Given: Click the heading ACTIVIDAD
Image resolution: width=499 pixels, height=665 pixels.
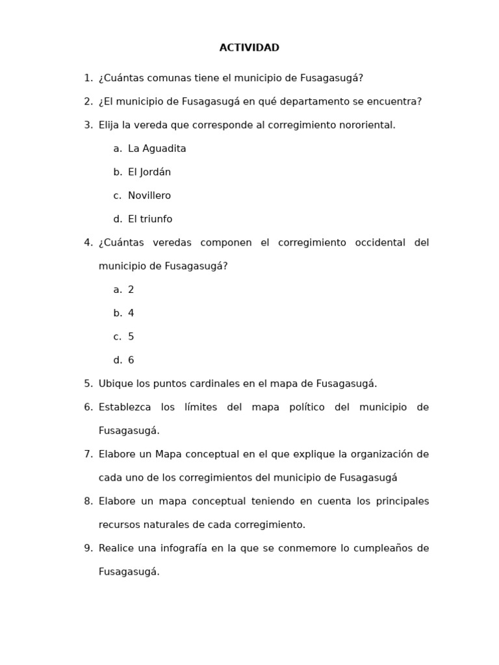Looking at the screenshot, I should click(249, 48).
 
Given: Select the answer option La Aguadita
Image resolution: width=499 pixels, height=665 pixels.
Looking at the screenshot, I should click(157, 149).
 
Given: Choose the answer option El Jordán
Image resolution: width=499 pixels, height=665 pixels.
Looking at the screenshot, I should click(149, 172).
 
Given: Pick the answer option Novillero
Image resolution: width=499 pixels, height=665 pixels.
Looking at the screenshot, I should click(149, 195).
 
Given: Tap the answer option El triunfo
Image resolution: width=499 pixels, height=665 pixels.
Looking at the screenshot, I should click(150, 219).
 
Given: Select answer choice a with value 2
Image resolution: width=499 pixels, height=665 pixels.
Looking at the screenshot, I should click(131, 290).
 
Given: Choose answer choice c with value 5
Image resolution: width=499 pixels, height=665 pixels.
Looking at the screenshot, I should click(131, 336).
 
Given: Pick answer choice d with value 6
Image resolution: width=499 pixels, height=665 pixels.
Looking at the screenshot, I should click(131, 360).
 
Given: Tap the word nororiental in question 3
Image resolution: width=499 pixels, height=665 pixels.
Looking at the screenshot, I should click(367, 125).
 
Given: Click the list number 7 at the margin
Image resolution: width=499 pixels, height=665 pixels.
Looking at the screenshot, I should click(88, 454).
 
